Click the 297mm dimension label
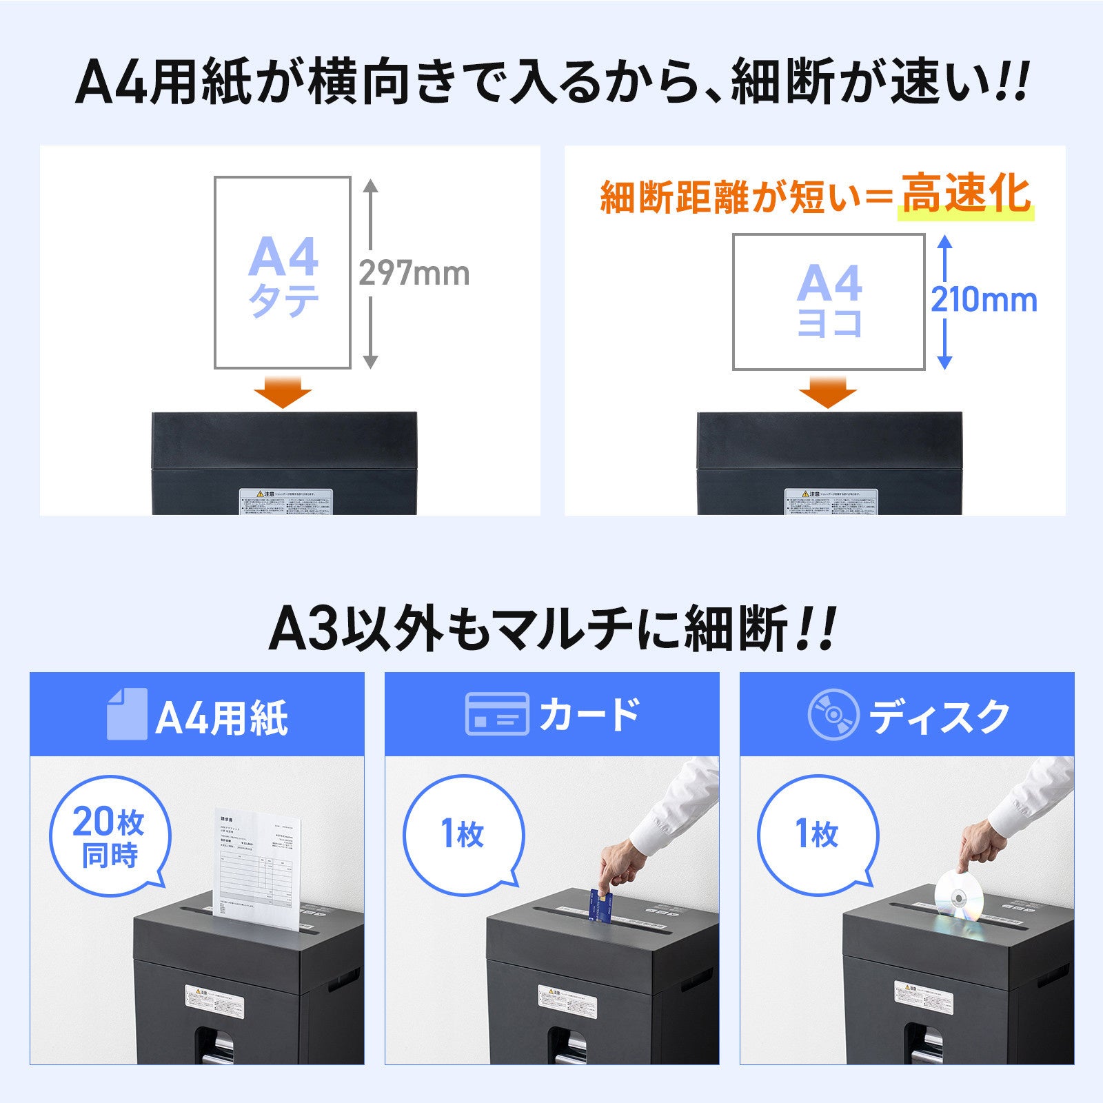point(414,274)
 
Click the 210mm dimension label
point(984,300)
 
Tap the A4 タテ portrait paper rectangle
point(283,273)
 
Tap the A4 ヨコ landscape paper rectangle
point(829,302)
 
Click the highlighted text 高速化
point(966,195)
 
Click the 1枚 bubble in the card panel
point(463,835)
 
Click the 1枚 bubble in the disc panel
point(818,835)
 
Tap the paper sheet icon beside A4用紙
point(127,714)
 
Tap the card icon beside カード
point(497,714)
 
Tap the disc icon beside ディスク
point(833,714)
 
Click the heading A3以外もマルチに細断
point(551,629)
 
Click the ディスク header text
point(939,717)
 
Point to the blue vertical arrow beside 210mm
point(945,301)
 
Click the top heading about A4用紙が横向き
point(551,83)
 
